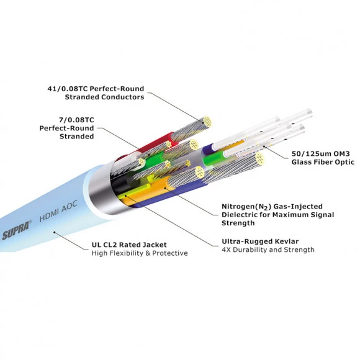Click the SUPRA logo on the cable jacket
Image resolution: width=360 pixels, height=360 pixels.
[17, 230]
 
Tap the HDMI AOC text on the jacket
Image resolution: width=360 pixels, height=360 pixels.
[58, 211]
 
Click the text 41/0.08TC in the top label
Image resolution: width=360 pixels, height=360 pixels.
[67, 89]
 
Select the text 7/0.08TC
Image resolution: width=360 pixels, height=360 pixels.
[77, 120]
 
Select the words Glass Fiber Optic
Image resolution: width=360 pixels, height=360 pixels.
[323, 162]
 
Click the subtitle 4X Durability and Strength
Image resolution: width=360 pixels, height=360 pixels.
[268, 250]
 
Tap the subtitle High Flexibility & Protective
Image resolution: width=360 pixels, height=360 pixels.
[140, 253]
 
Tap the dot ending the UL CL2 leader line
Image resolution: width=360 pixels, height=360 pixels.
[55, 232]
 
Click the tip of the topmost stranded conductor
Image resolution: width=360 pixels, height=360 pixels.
[207, 121]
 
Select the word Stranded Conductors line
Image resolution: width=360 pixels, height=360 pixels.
[104, 97]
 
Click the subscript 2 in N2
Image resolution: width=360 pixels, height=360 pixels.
[266, 208]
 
